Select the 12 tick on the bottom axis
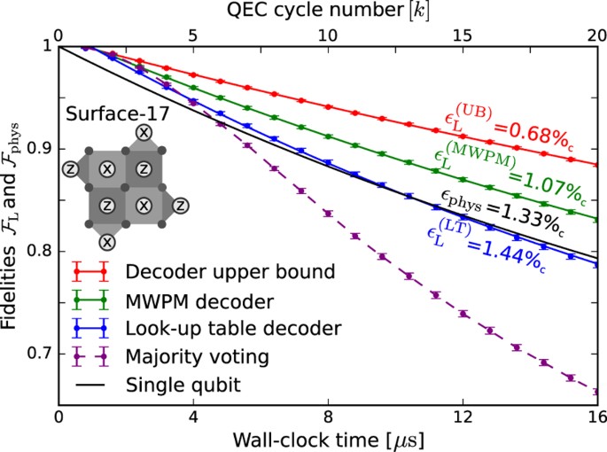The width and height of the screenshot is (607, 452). coord(463,417)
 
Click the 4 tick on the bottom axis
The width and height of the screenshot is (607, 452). coord(193,417)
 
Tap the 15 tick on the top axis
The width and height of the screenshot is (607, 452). coord(463,34)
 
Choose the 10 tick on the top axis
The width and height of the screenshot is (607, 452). coord(328,34)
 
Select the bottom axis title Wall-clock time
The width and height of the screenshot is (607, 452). coord(328,439)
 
